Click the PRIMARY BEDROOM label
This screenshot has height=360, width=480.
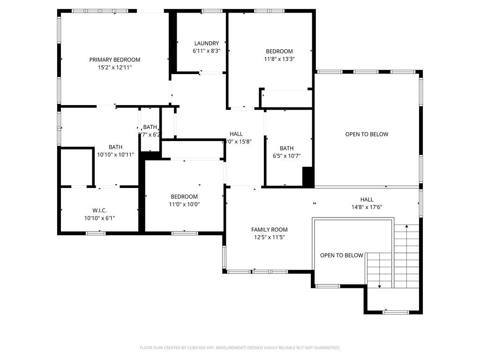(115, 60)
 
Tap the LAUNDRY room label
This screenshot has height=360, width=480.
(206, 44)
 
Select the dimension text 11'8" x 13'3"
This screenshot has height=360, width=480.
(279, 59)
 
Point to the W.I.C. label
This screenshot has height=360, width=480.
(99, 210)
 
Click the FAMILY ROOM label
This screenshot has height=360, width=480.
(269, 230)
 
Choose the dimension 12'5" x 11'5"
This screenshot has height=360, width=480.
(269, 237)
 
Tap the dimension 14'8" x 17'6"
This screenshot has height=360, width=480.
(367, 207)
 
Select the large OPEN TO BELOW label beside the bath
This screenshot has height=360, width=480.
(367, 135)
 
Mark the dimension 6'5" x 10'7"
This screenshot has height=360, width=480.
(290, 156)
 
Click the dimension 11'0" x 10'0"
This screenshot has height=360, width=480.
(184, 204)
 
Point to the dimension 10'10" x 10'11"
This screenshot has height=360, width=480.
(115, 155)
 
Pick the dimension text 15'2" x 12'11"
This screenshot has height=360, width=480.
(115, 67)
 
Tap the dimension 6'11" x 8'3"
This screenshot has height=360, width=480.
(206, 51)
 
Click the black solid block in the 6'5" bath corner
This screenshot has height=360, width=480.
(307, 177)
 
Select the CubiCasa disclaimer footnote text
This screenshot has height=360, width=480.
(240, 348)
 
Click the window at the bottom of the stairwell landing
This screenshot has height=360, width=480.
(396, 312)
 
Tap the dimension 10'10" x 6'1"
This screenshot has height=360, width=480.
(99, 218)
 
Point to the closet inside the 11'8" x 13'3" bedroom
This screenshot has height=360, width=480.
(286, 99)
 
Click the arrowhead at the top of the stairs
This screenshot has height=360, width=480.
(406, 226)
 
